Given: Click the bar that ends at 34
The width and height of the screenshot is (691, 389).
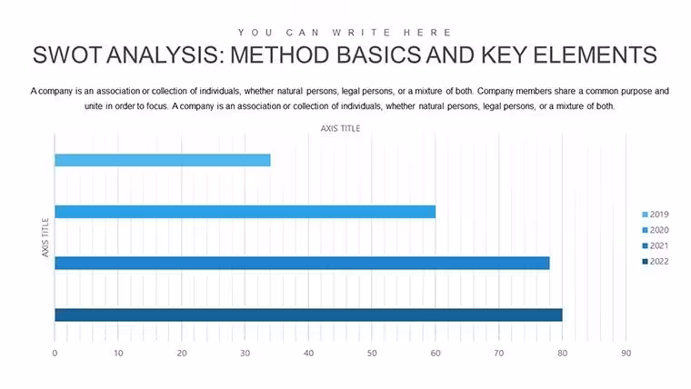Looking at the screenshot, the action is [x=163, y=160].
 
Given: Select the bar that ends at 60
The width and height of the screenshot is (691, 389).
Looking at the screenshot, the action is [x=245, y=212].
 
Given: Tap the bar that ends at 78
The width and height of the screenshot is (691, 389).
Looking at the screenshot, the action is [x=302, y=263].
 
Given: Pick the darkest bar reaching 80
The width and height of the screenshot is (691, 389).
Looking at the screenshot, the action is [x=308, y=315].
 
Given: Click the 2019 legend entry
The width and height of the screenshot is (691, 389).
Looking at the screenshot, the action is [x=656, y=214].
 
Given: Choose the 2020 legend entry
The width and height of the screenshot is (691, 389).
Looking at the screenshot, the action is [x=656, y=230].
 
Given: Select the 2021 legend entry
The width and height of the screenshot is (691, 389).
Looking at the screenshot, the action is [x=656, y=245].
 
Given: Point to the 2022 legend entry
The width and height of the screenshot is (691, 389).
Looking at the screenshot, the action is [x=656, y=261].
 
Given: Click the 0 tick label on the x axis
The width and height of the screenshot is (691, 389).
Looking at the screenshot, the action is [x=55, y=354].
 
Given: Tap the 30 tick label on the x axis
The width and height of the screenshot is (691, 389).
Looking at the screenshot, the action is [x=245, y=354].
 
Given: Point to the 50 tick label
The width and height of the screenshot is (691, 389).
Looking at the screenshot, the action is [x=372, y=354].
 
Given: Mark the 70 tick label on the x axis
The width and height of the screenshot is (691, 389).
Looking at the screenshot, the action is [x=499, y=354].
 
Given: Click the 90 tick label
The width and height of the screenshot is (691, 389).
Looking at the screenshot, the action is [x=626, y=354].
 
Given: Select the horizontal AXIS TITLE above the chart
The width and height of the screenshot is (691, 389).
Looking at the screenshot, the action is [x=340, y=129].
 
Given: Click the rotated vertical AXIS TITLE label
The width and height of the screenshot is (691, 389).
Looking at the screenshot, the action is [x=45, y=237].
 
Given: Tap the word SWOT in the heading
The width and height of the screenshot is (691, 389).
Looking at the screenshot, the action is [x=67, y=55].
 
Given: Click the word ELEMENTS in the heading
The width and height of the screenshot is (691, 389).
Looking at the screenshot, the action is [x=595, y=55].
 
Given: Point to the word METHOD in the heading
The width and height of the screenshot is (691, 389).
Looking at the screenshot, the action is [x=280, y=55].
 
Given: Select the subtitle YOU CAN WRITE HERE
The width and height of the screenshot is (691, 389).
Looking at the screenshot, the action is [x=345, y=33].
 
